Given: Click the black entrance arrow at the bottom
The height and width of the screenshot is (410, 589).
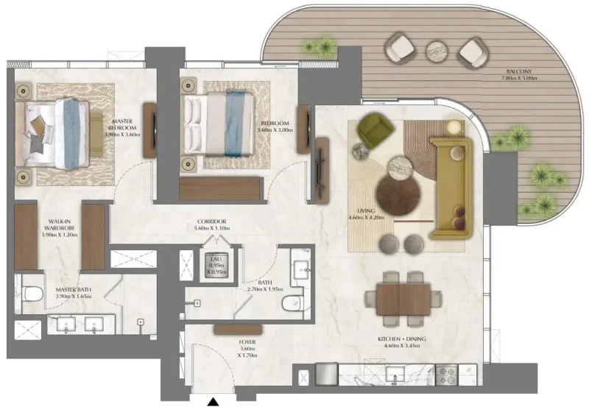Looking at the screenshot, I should tap(214, 402).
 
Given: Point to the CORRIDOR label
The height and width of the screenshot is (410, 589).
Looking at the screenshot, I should tap(211, 221).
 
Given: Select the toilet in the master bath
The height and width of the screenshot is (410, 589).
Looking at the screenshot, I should tap(31, 294).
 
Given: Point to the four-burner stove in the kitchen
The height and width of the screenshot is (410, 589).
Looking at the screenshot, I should tap(447, 374).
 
